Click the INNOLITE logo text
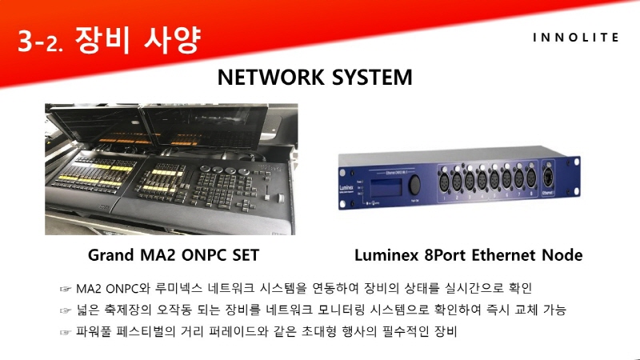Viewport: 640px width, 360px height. [x=575, y=38]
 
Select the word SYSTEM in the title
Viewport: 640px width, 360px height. [x=372, y=77]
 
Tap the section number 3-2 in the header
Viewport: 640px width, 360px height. [x=41, y=42]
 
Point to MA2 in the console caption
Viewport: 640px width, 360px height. [x=158, y=255]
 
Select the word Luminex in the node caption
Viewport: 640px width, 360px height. [x=386, y=255]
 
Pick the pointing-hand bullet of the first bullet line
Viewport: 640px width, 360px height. [x=66, y=290]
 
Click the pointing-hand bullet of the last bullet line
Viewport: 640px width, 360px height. [x=66, y=332]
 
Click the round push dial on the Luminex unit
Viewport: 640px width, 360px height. [x=414, y=186]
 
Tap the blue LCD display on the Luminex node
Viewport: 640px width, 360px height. [x=387, y=186]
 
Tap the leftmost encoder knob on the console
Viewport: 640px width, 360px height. [x=205, y=169]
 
